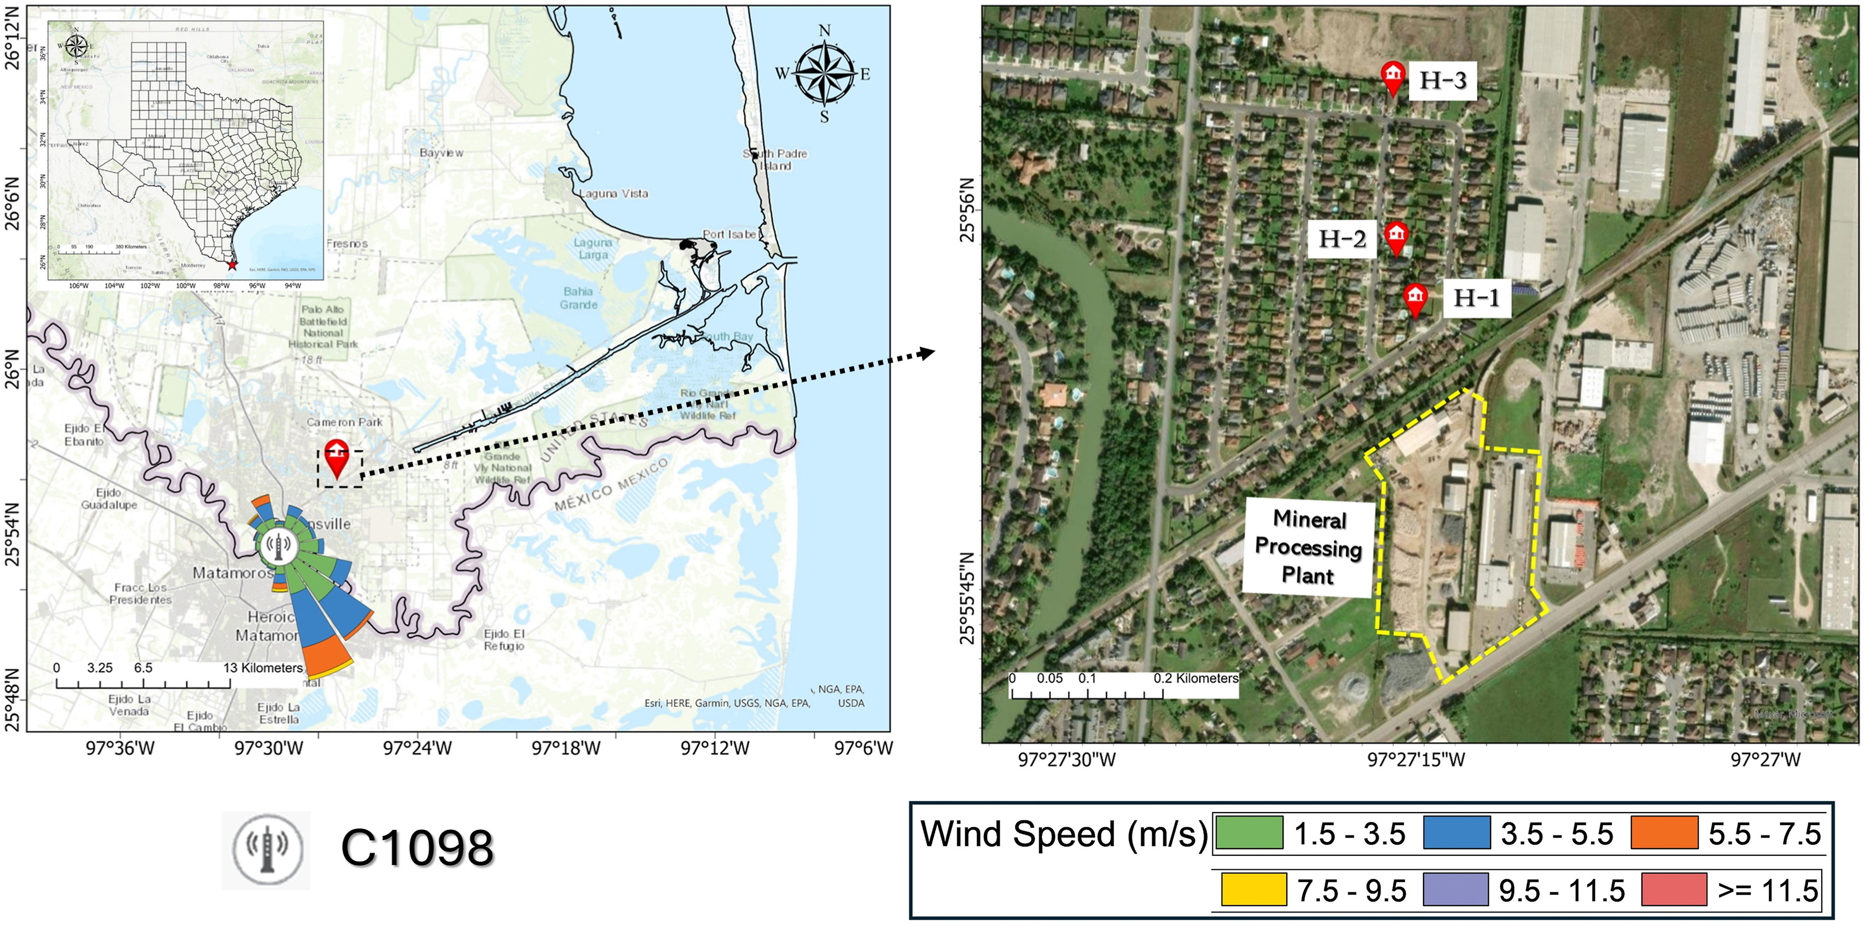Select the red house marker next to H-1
[x=1415, y=298]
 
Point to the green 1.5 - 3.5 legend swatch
[x=1249, y=832]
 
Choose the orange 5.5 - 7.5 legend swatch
[x=1664, y=832]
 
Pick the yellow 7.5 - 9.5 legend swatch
[x=1253, y=890]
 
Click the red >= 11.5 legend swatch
[x=1674, y=890]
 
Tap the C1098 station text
[x=417, y=847]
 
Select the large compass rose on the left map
[x=824, y=73]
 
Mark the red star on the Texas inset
[x=232, y=265]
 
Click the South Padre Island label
[x=775, y=160]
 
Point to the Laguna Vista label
[x=613, y=193]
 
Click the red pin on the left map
[x=336, y=457]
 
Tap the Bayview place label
[x=441, y=153]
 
